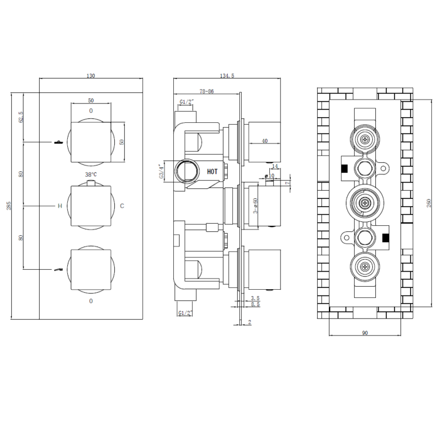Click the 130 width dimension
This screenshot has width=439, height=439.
coord(91,76)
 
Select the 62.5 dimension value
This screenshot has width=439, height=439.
coord(22,116)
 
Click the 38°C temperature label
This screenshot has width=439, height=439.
coord(91,174)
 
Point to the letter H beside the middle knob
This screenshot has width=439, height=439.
coord(59,206)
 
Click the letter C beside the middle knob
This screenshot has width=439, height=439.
coord(122,206)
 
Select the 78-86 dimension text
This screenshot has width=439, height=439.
coord(207,91)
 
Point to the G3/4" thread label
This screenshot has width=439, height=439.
coord(162,172)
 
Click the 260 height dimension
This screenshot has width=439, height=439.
coord(429,202)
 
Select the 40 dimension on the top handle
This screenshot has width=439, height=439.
coord(264,141)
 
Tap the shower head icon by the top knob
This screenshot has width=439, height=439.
coord(58,142)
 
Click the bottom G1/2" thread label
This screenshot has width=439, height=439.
coord(186,314)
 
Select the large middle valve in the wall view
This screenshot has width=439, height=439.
coord(366,203)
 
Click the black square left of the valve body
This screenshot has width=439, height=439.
coord(344,169)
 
